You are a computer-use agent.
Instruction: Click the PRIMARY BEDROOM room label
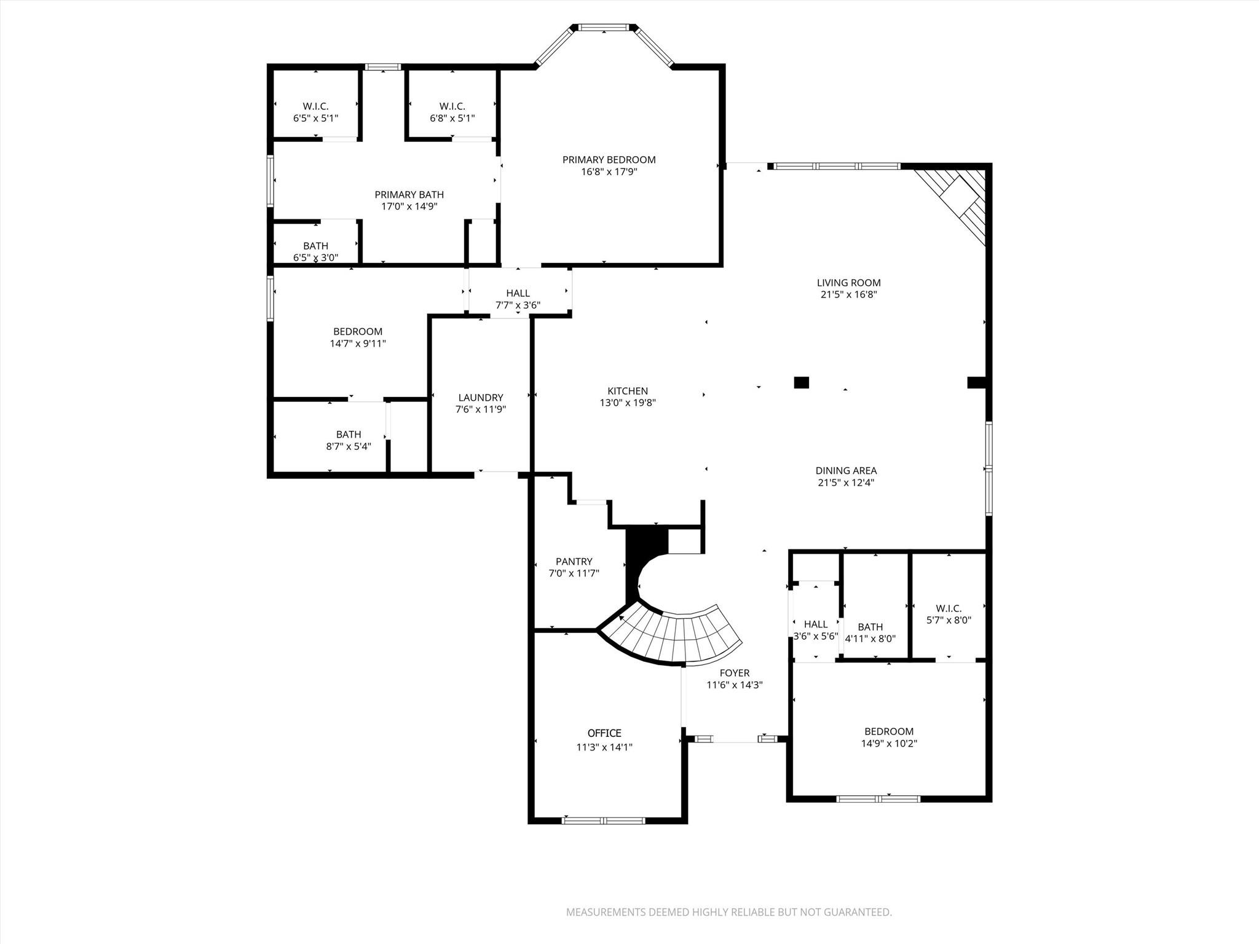pos(609,160)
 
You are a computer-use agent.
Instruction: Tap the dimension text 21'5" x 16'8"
pos(848,295)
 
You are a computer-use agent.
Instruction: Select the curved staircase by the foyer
pos(676,636)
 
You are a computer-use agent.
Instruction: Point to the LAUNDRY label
pos(480,398)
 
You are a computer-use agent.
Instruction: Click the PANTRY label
pos(574,561)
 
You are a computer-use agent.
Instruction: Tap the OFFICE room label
pos(604,733)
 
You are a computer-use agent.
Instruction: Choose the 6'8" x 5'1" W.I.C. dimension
pos(452,119)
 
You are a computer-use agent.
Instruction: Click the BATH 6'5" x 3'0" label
pos(315,246)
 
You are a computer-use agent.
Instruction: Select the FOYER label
pos(734,673)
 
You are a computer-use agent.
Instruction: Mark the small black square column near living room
pos(801,382)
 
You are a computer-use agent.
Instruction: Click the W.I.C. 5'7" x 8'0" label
pos(949,608)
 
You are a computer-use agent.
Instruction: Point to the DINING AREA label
pos(846,471)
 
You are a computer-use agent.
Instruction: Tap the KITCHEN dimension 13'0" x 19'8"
pos(628,403)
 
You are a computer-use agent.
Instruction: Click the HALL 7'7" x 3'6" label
pos(518,293)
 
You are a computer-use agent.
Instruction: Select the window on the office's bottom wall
pos(604,820)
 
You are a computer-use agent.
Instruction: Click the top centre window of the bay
pos(604,27)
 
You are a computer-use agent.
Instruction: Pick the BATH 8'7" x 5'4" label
pos(349,435)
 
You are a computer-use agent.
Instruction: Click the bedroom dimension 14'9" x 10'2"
pos(889,744)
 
